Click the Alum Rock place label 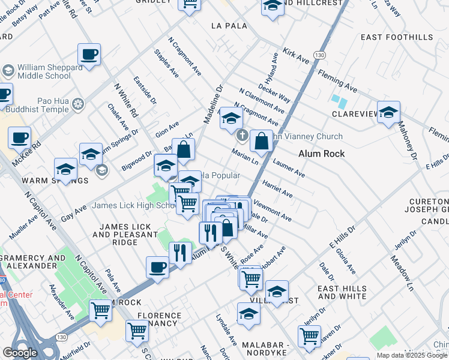(x=322, y=154)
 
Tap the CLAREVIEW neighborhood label (x=353, y=113)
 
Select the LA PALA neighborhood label (x=225, y=26)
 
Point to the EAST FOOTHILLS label (x=396, y=37)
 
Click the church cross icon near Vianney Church (x=242, y=135)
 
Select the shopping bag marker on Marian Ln (x=262, y=142)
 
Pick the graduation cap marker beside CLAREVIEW (x=388, y=113)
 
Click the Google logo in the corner (x=20, y=353)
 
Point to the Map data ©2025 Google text (x=412, y=355)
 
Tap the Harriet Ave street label (x=277, y=190)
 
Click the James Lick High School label (x=133, y=206)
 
